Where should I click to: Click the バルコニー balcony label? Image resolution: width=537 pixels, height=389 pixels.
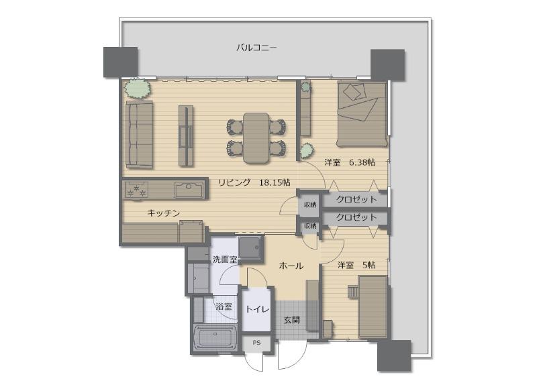tap(256, 48)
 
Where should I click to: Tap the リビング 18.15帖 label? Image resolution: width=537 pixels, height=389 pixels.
tap(254, 182)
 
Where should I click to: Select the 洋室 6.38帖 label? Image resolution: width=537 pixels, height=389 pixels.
tap(350, 162)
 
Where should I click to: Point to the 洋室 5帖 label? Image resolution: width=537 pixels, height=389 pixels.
tap(356, 265)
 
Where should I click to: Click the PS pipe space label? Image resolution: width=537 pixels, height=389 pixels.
tap(256, 343)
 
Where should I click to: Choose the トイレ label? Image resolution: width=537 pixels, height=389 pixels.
tap(258, 309)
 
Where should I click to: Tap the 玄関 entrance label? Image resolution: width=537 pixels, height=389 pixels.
tap(292, 320)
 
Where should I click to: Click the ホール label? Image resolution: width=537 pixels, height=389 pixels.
tap(291, 266)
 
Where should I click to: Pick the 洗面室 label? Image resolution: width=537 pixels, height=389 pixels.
tap(225, 260)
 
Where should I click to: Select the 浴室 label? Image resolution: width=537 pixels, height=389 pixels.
tap(224, 307)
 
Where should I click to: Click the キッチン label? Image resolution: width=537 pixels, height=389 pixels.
tap(164, 213)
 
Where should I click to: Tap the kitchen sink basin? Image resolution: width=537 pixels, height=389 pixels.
tap(189, 190)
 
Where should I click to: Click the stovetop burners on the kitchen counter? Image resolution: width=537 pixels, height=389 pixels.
tap(137, 190)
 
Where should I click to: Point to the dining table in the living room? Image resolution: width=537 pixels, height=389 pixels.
tap(256, 138)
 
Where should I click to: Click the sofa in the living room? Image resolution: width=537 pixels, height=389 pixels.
tap(139, 134)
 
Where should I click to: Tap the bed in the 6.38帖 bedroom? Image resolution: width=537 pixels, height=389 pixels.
tap(362, 114)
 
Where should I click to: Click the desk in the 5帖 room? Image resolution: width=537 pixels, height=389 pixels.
tap(373, 307)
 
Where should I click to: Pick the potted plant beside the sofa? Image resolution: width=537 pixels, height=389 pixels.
tap(138, 88)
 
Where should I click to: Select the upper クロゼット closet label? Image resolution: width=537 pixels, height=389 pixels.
tap(356, 199)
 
